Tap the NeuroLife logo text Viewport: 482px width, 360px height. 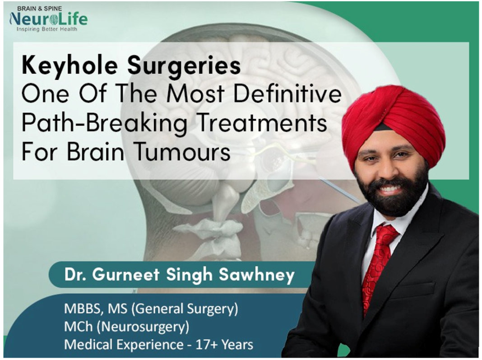click(x=49, y=19)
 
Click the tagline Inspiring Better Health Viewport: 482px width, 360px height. click(x=47, y=29)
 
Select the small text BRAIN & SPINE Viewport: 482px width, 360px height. click(x=40, y=8)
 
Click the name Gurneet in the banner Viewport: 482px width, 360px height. click(x=126, y=274)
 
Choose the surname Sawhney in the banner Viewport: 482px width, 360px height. click(x=257, y=275)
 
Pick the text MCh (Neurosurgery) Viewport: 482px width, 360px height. click(x=127, y=327)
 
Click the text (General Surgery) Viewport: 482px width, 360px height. click(x=185, y=309)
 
